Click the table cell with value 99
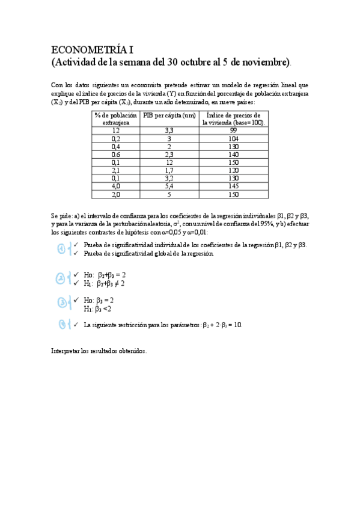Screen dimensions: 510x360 tap(234, 130)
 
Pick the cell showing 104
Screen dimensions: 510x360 tap(234, 138)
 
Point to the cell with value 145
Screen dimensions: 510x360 tap(234, 186)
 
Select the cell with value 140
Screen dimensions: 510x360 tap(234, 154)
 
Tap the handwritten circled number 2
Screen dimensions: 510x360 tap(61, 278)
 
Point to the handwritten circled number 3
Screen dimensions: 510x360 tap(61, 302)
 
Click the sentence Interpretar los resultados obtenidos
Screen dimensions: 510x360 tap(99, 351)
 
